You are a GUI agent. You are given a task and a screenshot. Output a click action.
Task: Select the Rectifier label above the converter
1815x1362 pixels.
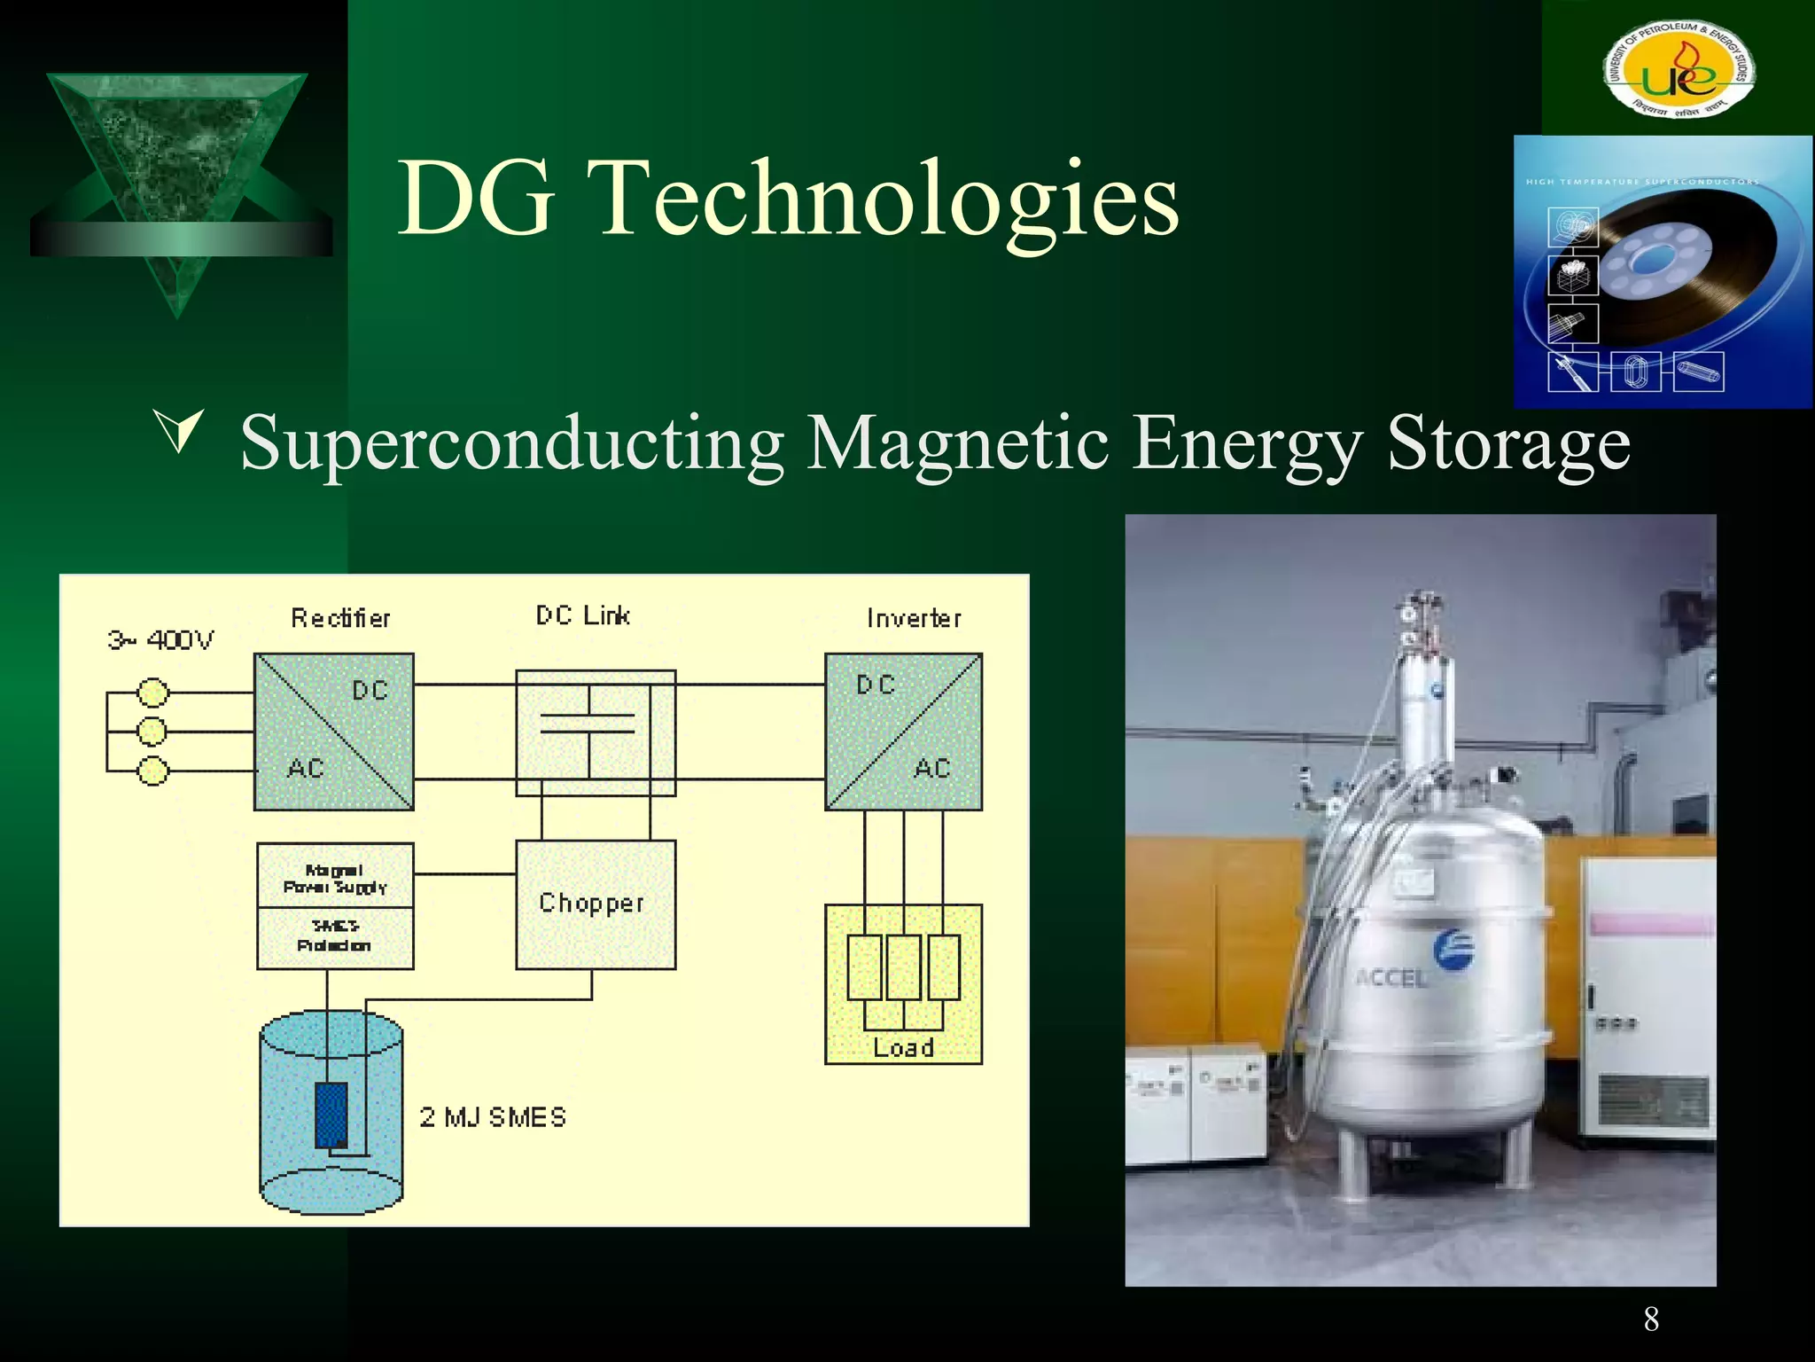click(x=340, y=618)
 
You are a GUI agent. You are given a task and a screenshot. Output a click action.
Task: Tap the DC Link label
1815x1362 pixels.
click(x=582, y=615)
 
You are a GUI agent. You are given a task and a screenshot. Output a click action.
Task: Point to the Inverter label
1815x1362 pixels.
click(x=914, y=618)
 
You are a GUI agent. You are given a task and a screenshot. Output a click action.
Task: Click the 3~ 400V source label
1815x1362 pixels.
click(x=160, y=639)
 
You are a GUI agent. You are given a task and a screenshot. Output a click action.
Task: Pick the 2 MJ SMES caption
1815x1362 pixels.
click(x=493, y=1117)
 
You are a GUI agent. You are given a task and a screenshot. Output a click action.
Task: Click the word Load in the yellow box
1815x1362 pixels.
click(x=903, y=1047)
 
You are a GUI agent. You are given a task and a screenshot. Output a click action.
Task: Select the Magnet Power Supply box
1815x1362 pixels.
click(x=335, y=876)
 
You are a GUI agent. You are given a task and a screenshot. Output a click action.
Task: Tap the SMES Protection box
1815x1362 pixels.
click(x=335, y=937)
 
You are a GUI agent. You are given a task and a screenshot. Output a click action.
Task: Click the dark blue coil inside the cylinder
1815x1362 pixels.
click(x=331, y=1115)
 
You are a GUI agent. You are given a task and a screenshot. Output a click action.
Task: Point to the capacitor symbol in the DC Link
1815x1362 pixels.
click(x=588, y=724)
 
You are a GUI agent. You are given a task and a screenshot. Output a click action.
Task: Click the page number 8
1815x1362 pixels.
click(x=1651, y=1319)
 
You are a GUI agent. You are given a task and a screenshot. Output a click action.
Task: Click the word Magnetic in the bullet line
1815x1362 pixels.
click(x=957, y=442)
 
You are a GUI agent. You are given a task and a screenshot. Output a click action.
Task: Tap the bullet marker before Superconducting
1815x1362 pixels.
click(x=179, y=431)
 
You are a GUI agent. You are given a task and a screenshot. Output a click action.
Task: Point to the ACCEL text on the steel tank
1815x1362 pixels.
click(x=1391, y=978)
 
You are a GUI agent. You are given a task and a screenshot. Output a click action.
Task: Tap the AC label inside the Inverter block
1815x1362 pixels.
click(x=931, y=768)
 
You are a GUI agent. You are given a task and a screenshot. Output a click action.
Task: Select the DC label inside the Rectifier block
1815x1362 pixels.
click(x=370, y=690)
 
